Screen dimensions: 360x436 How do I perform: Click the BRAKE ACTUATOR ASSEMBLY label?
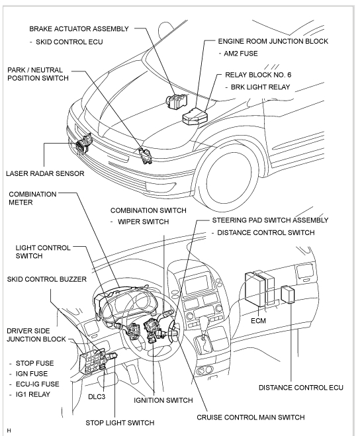[79, 29]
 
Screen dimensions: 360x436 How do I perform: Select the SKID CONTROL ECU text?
[69, 42]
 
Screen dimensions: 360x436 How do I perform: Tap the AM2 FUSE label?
[241, 54]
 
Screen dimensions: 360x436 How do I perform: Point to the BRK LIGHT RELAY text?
[260, 87]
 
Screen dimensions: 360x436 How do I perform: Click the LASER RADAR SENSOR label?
[45, 173]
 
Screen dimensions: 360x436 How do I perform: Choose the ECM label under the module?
[258, 321]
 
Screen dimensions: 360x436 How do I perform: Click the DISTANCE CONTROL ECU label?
[300, 388]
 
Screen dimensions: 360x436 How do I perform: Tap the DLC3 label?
[97, 396]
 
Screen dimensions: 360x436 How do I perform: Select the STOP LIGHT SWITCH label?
[120, 423]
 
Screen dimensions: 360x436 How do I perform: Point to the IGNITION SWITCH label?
[163, 400]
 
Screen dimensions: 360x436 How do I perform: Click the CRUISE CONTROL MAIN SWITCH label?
[251, 417]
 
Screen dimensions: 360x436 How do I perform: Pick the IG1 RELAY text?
[33, 394]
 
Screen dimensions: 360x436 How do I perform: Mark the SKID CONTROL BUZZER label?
[47, 279]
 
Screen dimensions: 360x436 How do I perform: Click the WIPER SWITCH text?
[144, 222]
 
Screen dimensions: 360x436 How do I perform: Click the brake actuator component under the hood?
[177, 101]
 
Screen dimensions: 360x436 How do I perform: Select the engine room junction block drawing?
[195, 116]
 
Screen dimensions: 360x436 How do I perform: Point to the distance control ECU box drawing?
[288, 294]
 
